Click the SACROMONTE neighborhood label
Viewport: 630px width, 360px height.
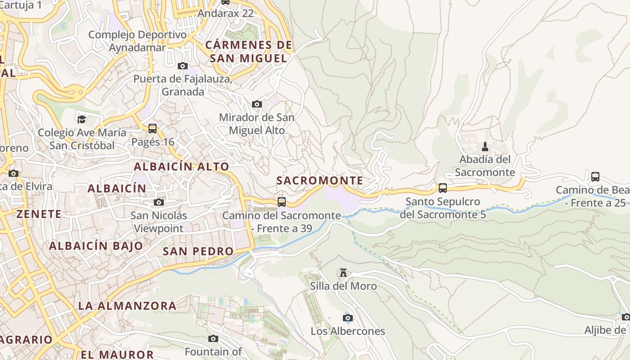coord(319,181)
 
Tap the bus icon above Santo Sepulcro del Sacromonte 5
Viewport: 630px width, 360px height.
coord(443,188)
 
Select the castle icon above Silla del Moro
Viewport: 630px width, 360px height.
coord(343,273)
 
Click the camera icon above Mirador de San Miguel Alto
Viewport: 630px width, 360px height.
coord(257,104)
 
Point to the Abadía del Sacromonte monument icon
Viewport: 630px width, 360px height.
coord(485,147)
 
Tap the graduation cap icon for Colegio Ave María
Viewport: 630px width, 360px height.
coord(81,119)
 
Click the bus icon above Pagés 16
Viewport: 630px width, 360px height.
coord(153,129)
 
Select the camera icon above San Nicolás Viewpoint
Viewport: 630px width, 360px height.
coord(158,202)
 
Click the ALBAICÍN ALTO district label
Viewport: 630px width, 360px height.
coord(181,166)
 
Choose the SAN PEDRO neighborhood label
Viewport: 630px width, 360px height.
coord(198,251)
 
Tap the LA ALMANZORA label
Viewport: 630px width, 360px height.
coord(127,306)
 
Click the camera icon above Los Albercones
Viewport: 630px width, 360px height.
coord(348,318)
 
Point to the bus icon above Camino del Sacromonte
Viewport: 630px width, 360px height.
coord(282,202)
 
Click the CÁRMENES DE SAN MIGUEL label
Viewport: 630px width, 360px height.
coord(248,51)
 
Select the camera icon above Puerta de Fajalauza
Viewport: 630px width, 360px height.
coord(183,66)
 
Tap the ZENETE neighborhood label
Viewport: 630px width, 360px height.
coord(39,214)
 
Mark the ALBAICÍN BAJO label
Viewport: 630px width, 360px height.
coord(96,246)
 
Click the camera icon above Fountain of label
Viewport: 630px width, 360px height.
coord(213,338)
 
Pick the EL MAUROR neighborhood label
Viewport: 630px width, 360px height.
coord(117,355)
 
